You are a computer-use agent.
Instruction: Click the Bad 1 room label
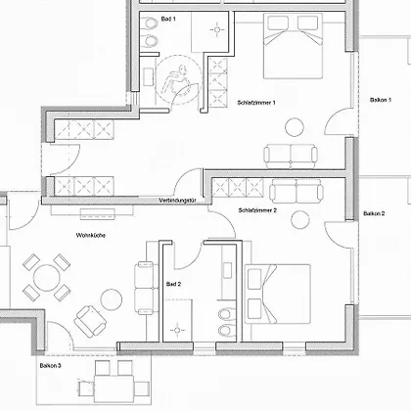coord(168,19)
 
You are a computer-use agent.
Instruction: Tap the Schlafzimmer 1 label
coord(256,103)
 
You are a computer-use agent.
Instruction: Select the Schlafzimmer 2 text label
coord(257,210)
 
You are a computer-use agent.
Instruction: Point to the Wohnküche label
coord(91,235)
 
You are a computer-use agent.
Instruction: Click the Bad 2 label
coord(173,284)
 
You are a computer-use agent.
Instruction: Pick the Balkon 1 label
coord(381,100)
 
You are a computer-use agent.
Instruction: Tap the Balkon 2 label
coord(374,213)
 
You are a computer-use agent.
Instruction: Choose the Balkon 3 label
coord(51,365)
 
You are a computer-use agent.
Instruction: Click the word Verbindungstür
coord(177,201)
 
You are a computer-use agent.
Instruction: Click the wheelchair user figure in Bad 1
coord(175,79)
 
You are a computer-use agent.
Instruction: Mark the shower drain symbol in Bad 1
coord(217,30)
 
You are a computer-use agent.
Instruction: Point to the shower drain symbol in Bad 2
coord(177,330)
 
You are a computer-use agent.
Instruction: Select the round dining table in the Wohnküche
coord(47,278)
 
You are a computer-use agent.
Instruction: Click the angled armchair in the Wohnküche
coord(90,322)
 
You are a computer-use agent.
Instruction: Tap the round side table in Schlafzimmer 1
coord(295,127)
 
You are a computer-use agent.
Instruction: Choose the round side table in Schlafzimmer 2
coord(300,219)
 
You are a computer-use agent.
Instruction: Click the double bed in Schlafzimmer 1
coord(293,46)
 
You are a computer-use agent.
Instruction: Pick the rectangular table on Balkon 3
coord(114,388)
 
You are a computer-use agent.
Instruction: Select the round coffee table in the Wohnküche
coord(112,299)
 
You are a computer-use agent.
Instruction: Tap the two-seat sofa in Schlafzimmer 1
coord(291,156)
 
